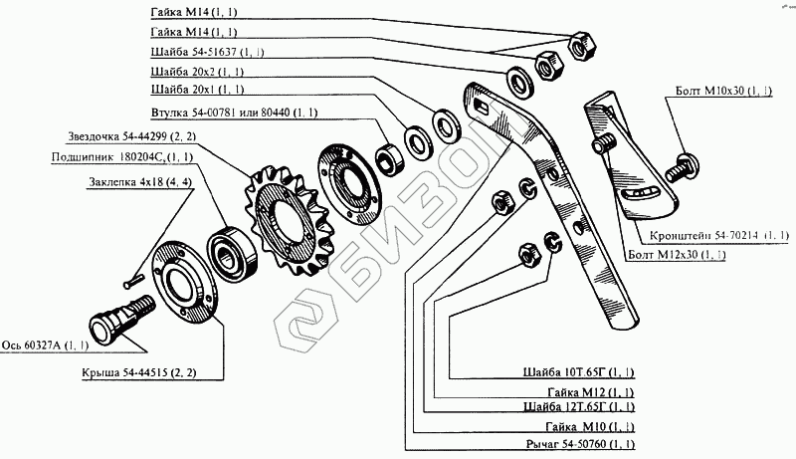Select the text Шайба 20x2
coord(196,73)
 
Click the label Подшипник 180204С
coord(123,156)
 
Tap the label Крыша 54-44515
coord(140,373)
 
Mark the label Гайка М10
coord(590,424)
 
